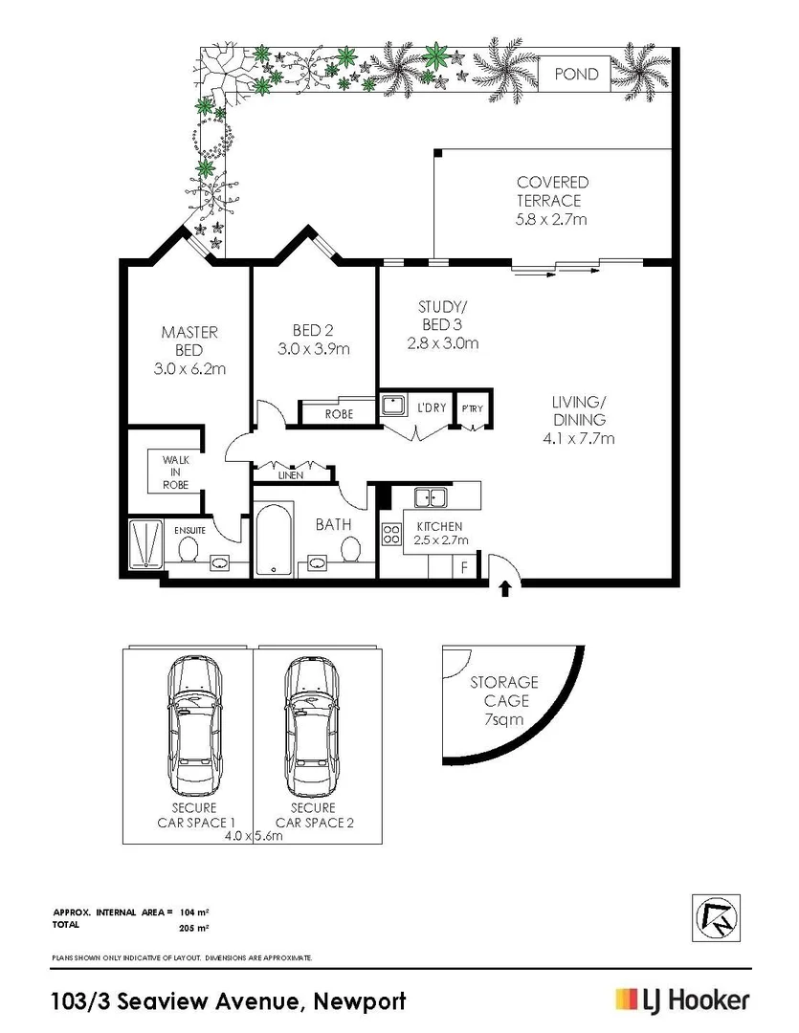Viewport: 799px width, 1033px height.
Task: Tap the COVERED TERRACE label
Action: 552,201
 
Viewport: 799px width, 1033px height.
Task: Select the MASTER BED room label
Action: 189,350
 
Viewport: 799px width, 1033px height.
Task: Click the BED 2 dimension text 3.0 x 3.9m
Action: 314,349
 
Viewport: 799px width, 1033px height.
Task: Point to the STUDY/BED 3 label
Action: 443,324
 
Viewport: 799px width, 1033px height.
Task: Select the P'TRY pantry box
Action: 473,408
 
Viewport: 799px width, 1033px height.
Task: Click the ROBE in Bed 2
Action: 339,414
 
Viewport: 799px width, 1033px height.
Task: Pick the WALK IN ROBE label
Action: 174,473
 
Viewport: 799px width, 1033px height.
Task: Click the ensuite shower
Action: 147,543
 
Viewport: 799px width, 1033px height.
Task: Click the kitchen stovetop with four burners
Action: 391,535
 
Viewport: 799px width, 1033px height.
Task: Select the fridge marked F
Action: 465,566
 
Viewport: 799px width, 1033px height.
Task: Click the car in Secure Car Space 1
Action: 195,727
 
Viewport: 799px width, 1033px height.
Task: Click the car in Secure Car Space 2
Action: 311,727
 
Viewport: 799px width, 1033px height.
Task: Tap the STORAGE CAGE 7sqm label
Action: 503,700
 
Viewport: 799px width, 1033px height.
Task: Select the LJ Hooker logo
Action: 682,1000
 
